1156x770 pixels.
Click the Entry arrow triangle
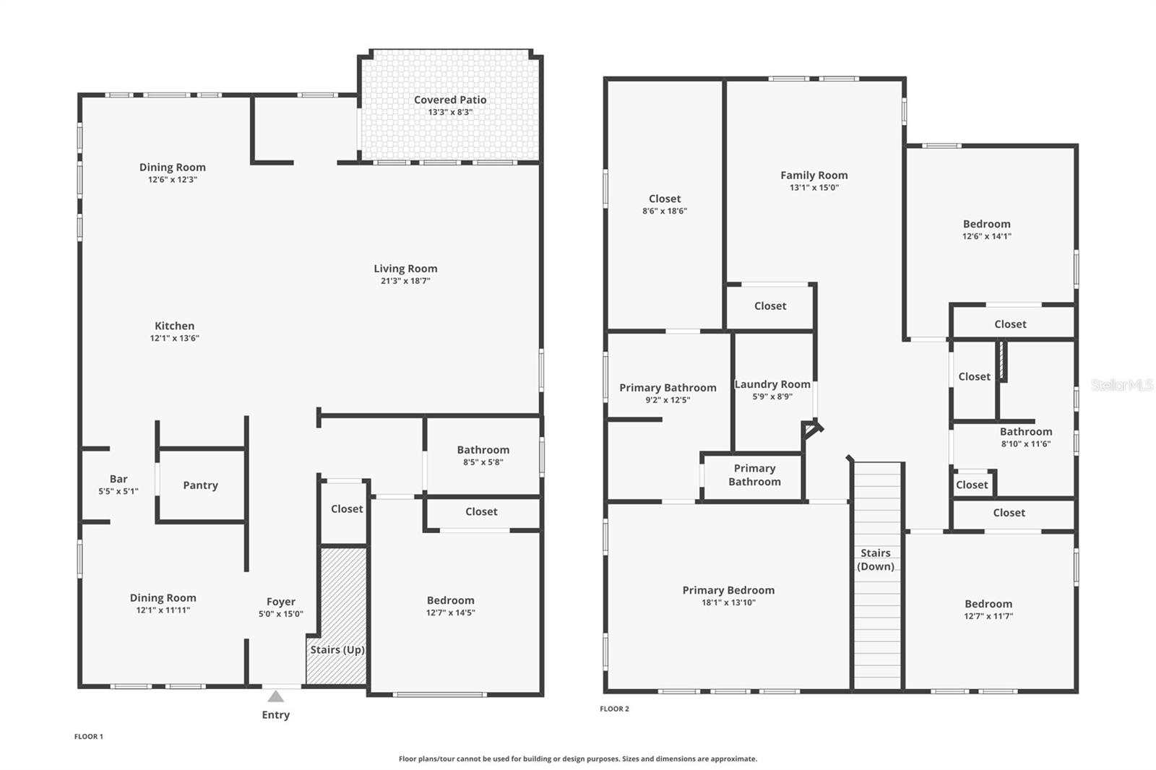(275, 696)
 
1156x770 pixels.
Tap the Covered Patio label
(450, 100)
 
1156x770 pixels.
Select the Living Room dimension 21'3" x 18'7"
(405, 281)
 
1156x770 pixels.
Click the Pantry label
(200, 485)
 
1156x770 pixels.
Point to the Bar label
(118, 479)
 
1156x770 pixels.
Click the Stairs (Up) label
(337, 649)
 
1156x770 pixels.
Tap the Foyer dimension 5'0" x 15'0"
(281, 614)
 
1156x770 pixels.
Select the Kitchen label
(174, 326)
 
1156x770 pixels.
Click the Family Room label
(814, 176)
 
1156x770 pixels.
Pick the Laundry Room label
(772, 384)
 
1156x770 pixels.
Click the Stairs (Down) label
(875, 559)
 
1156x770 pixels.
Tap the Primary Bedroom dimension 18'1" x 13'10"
(728, 602)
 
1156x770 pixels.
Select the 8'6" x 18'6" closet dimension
(665, 211)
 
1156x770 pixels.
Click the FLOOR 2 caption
(614, 709)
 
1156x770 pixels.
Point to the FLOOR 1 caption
(89, 737)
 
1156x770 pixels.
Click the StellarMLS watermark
(1122, 384)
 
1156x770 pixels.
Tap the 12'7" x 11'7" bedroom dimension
(988, 615)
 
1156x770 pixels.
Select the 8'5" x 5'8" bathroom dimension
(483, 462)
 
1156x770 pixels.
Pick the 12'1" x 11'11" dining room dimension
(163, 610)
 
